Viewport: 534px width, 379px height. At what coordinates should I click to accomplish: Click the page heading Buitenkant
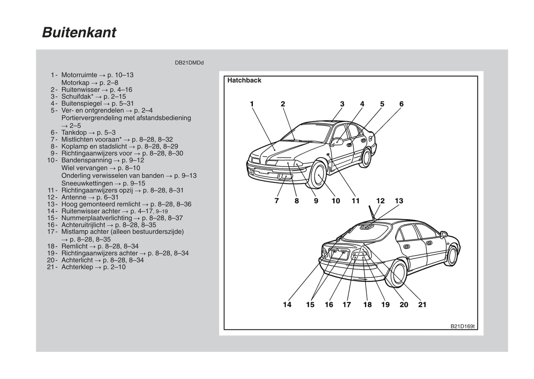79,33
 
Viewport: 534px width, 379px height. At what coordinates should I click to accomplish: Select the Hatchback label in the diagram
244,80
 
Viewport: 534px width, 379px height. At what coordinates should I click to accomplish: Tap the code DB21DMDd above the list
189,63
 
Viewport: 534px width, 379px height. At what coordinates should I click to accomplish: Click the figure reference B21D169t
462,327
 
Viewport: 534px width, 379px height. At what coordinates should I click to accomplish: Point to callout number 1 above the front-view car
252,104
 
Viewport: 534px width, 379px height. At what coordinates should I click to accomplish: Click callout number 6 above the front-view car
401,104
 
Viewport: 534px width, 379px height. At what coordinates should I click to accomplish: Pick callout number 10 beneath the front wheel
336,201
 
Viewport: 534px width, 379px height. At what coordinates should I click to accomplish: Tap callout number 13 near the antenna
399,201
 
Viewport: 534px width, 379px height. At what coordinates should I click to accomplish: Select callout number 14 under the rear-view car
287,305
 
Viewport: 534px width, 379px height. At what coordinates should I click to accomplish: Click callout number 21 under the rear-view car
422,305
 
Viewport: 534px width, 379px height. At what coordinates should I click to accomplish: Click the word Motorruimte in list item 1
79,75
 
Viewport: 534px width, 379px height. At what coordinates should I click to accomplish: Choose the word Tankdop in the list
74,132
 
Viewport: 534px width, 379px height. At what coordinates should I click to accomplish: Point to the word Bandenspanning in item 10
86,160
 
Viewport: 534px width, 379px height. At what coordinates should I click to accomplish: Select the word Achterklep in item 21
77,267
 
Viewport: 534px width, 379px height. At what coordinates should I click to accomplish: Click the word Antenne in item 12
74,197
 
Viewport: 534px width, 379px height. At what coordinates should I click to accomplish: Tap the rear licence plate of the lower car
339,255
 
